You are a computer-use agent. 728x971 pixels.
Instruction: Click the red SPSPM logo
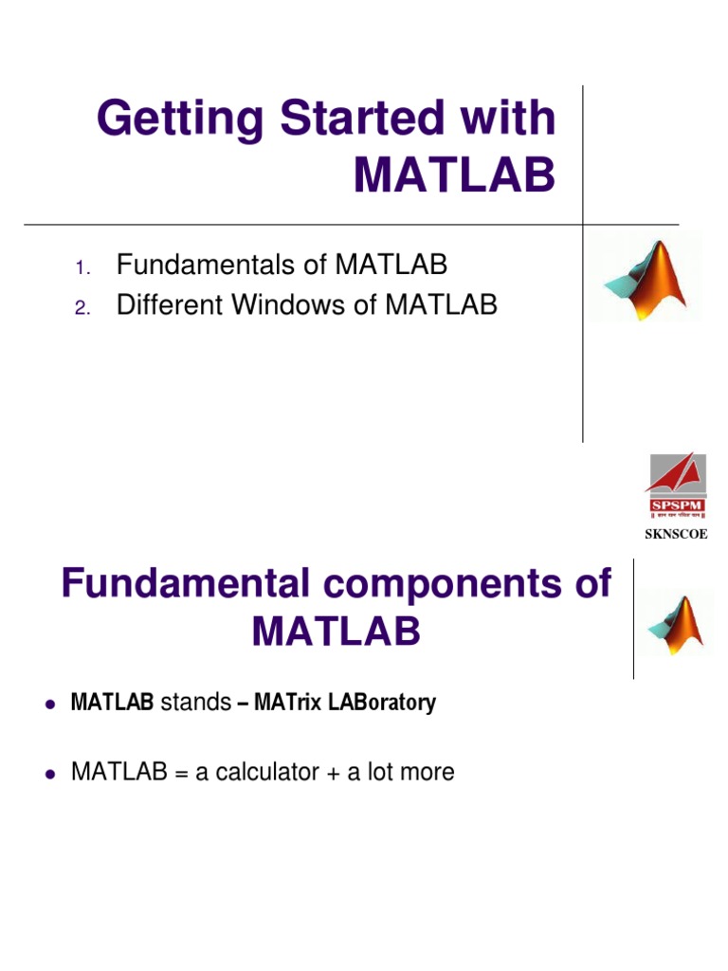pos(676,486)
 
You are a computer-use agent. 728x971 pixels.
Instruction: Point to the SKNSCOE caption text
pos(676,535)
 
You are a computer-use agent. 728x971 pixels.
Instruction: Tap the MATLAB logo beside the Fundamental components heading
pos(674,625)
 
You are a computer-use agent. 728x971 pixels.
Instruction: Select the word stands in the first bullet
pos(196,704)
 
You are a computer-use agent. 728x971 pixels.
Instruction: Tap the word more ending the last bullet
pos(428,773)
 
